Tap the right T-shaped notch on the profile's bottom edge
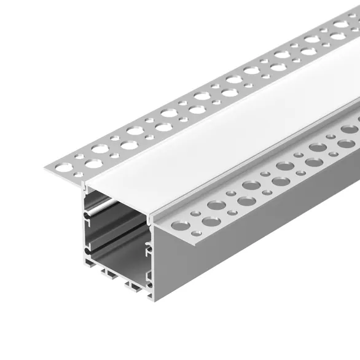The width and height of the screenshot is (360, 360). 134,284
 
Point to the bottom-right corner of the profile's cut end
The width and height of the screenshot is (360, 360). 150,299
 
